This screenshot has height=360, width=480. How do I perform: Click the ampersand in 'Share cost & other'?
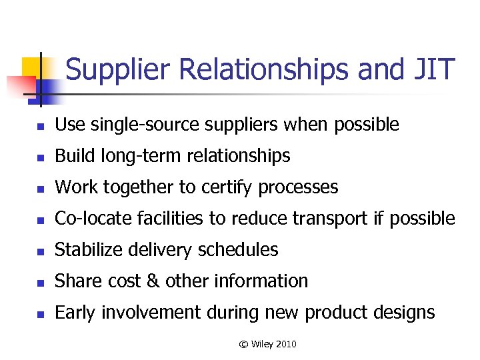click(152, 281)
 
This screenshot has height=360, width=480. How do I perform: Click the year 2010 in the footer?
click(285, 344)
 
